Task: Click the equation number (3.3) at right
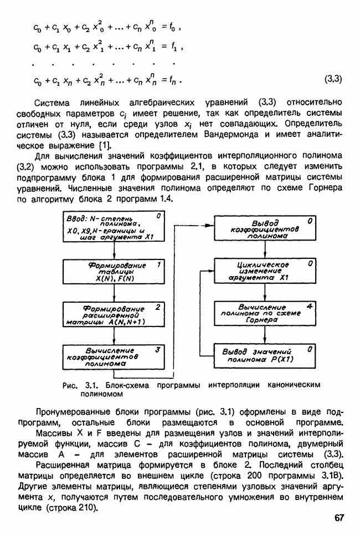(x=333, y=79)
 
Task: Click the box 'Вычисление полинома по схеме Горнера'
(x=265, y=313)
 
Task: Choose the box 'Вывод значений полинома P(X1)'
(x=265, y=355)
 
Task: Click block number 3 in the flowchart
(x=158, y=350)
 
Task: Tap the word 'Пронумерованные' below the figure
(x=71, y=412)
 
